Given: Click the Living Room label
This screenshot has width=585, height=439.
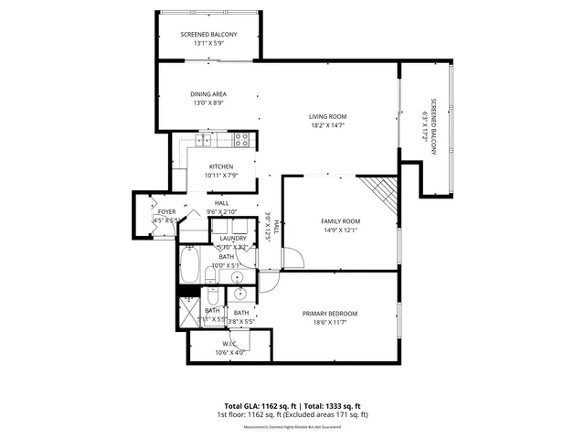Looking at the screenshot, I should pyautogui.click(x=327, y=116).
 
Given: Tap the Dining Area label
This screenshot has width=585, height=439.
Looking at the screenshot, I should pyautogui.click(x=208, y=93).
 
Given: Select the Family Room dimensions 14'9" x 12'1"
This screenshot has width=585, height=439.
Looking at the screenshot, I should pyautogui.click(x=340, y=230).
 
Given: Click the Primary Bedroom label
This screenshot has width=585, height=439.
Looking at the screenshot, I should pyautogui.click(x=329, y=314).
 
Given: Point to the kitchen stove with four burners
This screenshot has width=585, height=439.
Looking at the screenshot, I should pyautogui.click(x=241, y=140).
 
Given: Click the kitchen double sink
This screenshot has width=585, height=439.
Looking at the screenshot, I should pyautogui.click(x=204, y=140).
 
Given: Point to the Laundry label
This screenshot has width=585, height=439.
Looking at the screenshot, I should pyautogui.click(x=233, y=239).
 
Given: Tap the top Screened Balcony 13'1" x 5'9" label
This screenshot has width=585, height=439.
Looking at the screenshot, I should pyautogui.click(x=207, y=34).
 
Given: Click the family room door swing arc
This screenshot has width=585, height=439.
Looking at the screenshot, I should pyautogui.click(x=291, y=259).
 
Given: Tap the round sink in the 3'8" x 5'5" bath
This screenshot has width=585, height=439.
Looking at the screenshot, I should pyautogui.click(x=239, y=294).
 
